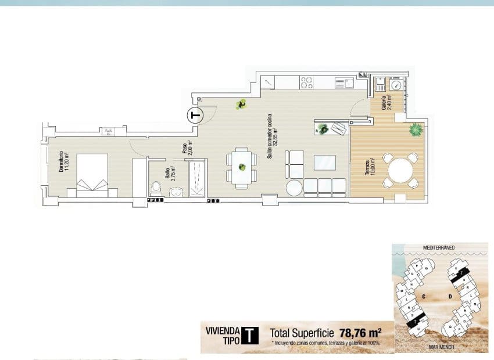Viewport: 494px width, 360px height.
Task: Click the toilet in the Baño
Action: (155, 187)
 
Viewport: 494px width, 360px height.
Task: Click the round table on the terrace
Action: (399, 171)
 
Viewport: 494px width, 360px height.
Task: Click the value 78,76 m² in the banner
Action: (359, 333)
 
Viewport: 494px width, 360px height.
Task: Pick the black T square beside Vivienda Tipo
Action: (249, 336)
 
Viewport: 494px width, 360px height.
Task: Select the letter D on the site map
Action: (450, 297)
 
